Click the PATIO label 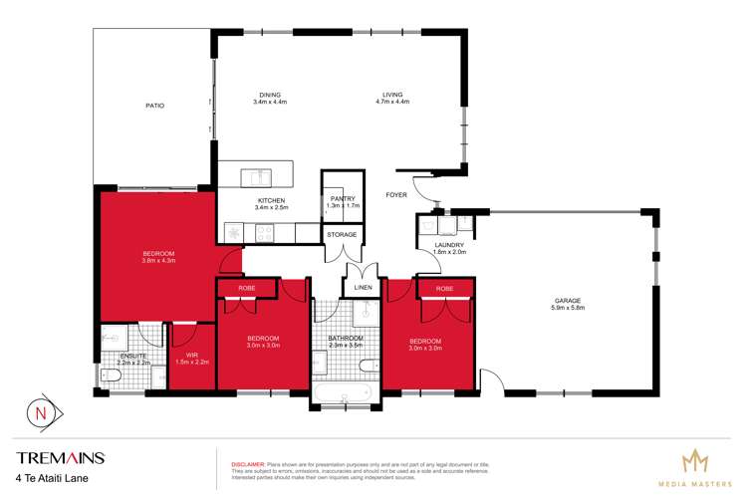(153, 105)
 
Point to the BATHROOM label (345, 338)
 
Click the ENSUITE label (131, 356)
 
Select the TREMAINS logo (60, 458)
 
